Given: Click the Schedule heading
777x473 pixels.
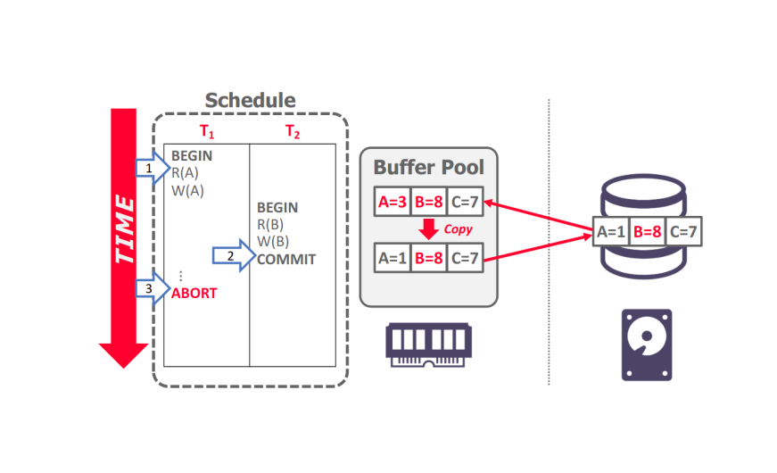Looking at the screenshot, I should tap(250, 100).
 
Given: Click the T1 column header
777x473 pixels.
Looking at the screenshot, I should tap(206, 131).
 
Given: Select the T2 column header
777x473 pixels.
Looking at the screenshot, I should tap(293, 131).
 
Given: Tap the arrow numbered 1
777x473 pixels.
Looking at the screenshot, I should tap(151, 167).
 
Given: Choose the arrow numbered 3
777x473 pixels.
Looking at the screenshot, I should tap(151, 289).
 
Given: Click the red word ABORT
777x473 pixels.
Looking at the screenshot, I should tap(194, 293).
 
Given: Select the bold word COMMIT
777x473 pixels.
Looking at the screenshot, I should tap(286, 260).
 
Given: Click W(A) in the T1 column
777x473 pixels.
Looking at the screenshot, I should tap(188, 189).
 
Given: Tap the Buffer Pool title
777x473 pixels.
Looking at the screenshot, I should tap(428, 167).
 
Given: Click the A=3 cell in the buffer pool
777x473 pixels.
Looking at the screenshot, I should tap(391, 203).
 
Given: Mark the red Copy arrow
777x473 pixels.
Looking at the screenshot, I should tap(429, 229).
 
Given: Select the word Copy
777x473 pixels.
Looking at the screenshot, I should tap(458, 229).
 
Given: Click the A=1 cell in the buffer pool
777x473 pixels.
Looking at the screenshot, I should tap(391, 259).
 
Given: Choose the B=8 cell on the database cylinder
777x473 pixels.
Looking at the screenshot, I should tap(647, 233).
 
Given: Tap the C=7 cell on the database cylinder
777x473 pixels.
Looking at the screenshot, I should tap(683, 233).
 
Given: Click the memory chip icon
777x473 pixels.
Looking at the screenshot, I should tap(428, 343).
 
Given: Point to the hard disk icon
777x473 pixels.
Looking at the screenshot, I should tap(647, 344).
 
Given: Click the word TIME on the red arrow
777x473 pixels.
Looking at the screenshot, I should tap(124, 230).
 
